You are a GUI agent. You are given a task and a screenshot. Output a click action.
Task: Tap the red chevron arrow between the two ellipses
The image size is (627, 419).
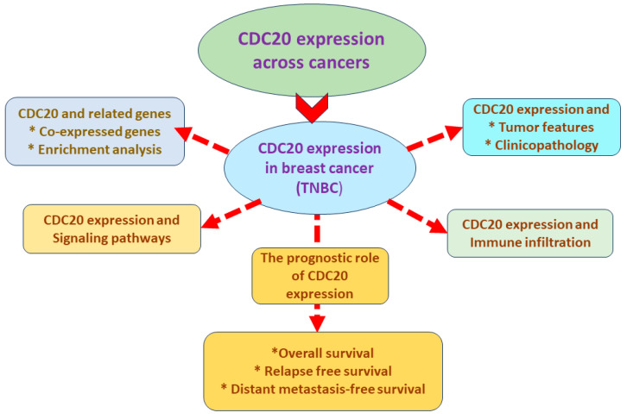click(313, 110)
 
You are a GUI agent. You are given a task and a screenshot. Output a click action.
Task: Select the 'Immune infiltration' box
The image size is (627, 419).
click(530, 233)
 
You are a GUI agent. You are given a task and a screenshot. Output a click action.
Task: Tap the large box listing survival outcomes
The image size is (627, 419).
click(322, 370)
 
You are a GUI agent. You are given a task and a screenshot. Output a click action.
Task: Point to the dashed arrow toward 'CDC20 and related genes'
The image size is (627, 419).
click(201, 138)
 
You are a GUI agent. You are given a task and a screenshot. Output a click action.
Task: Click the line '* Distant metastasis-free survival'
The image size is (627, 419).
click(322, 389)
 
